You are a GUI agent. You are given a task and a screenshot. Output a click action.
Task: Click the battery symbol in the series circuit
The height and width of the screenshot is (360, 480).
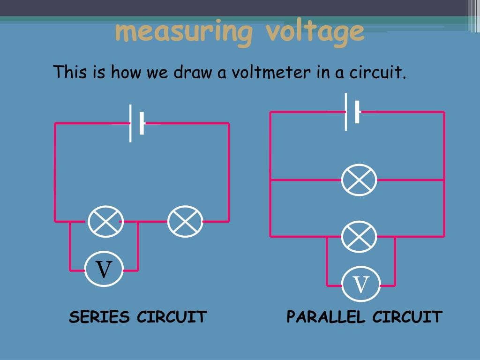137,124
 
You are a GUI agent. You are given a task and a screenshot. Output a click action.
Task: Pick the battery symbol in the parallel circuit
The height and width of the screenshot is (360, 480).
352,112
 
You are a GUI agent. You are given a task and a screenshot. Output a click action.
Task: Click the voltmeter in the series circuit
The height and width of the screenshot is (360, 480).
104,270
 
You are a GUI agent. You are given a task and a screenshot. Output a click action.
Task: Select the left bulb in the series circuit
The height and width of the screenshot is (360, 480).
105,221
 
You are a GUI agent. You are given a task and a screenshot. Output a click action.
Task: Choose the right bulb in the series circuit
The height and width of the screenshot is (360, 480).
185,221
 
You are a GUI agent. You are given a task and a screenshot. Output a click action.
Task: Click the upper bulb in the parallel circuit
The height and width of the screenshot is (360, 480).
359,180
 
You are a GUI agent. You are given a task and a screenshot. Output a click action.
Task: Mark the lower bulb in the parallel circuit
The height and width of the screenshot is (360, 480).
359,236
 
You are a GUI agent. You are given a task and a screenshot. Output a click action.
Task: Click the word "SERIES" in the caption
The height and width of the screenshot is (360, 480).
99,317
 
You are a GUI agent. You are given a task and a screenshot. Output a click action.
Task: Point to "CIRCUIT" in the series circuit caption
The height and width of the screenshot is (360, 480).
172,317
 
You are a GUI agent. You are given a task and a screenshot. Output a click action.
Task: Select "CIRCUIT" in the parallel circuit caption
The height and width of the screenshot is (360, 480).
407,317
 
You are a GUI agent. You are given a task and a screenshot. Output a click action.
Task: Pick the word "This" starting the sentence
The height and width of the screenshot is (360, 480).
69,73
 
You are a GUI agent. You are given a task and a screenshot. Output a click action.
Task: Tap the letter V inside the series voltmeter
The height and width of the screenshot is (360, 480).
104,270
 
